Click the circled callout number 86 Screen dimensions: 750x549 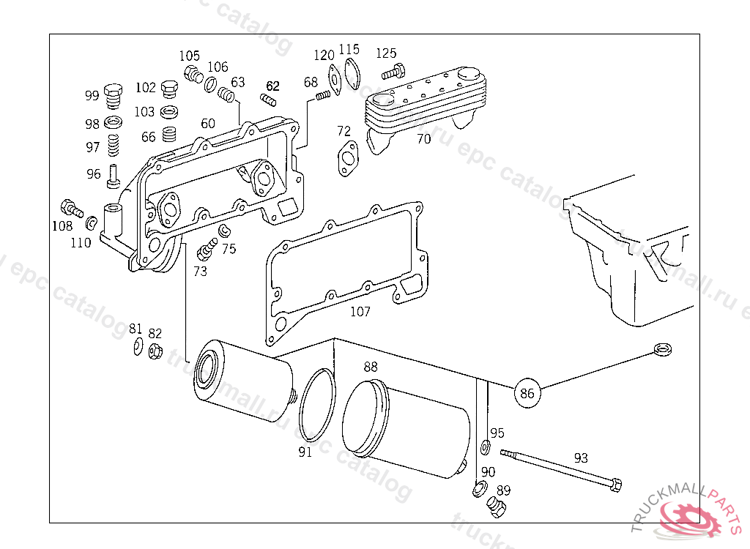527,393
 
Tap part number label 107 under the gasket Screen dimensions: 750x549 360,311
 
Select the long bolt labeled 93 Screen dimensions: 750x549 560,468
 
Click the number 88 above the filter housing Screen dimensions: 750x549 371,367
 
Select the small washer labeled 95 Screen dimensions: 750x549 486,447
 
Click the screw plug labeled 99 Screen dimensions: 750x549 112,96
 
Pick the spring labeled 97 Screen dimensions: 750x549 113,145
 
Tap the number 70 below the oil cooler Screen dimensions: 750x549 423,138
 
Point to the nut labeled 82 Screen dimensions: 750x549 155,351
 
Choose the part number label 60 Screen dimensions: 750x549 208,124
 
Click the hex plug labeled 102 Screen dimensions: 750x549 168,89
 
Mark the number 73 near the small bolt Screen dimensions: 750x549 200,271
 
